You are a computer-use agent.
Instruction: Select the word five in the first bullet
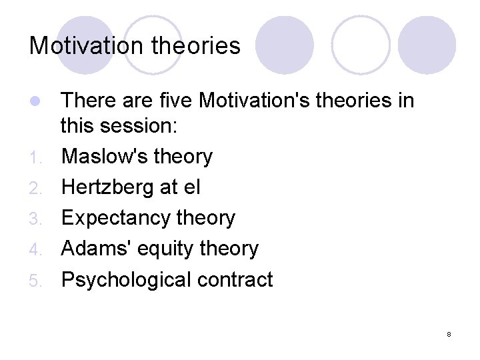[175, 101]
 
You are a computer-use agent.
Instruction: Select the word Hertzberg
[108, 187]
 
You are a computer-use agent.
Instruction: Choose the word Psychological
[126, 279]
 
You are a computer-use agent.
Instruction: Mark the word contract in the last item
[235, 279]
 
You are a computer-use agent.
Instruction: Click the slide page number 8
[449, 333]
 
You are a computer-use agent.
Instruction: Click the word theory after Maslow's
[183, 157]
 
